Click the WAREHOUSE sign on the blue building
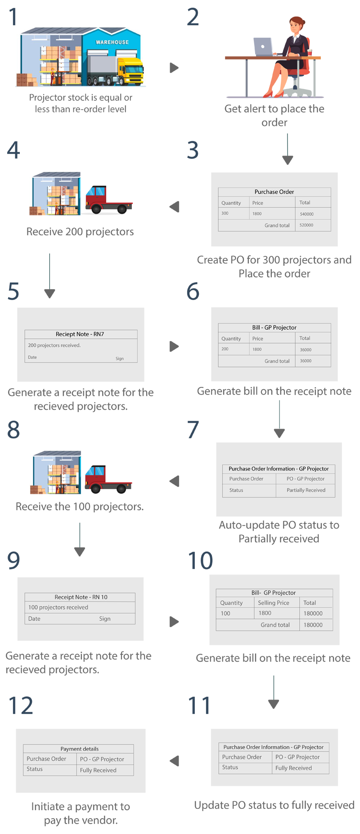(112, 42)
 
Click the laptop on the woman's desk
(263, 46)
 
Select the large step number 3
(193, 150)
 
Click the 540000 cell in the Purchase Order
(306, 214)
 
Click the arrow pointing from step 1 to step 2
(174, 68)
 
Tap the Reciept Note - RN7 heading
(80, 334)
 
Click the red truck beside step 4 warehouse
(108, 200)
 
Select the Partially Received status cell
(306, 490)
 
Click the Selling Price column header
(273, 603)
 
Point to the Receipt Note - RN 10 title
(81, 597)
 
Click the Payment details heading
(80, 749)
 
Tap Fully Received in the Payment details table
(98, 770)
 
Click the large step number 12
(21, 705)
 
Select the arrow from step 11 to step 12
(175, 761)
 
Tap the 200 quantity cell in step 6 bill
(225, 349)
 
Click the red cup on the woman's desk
(310, 53)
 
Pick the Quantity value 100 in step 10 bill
(225, 613)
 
